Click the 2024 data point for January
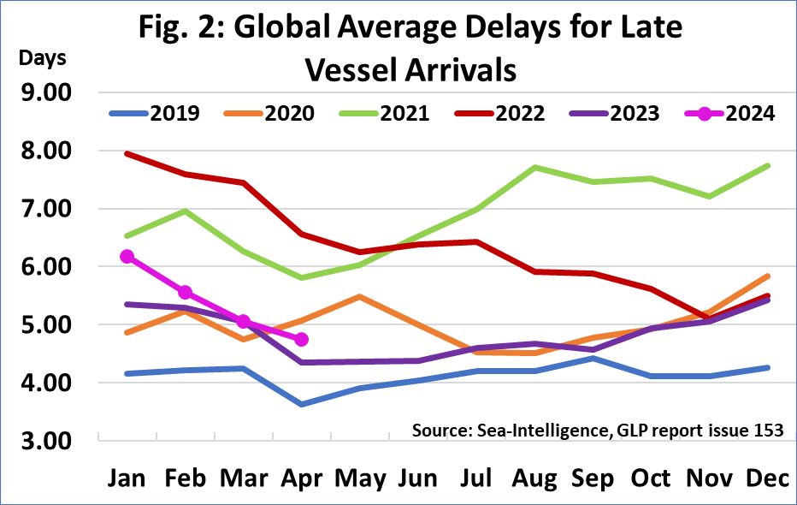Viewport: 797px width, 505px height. tap(127, 256)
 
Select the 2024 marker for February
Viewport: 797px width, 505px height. tap(186, 292)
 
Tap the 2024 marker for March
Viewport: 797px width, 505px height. tap(243, 321)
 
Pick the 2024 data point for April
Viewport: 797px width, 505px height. tap(301, 339)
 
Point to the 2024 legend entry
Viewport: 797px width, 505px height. tap(723, 113)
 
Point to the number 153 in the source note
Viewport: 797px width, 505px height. tap(767, 429)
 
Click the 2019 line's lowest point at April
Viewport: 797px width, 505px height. tap(301, 404)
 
